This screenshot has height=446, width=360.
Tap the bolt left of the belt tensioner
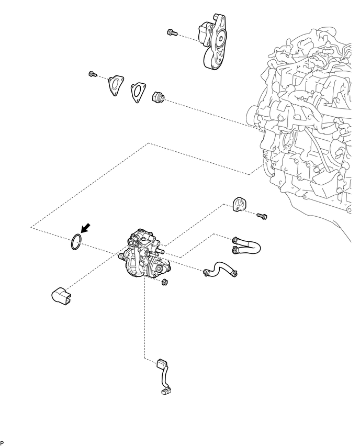(170, 32)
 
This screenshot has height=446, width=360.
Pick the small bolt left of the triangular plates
(93, 75)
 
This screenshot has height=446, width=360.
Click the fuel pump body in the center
(143, 257)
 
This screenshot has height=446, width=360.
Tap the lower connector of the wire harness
(167, 390)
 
